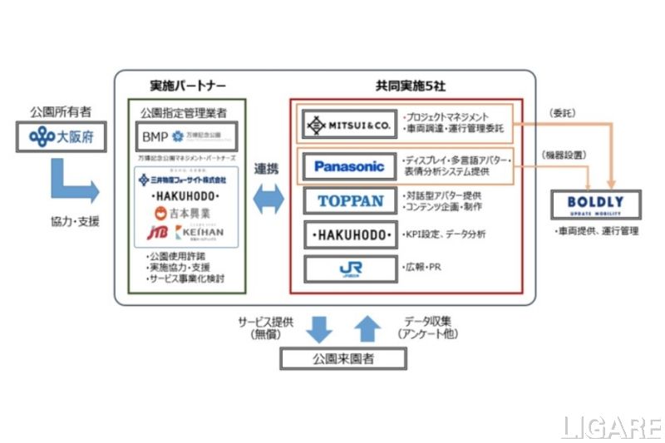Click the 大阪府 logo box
pyautogui.click(x=62, y=137)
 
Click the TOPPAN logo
pyautogui.click(x=349, y=200)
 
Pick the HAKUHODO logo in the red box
pyautogui.click(x=349, y=234)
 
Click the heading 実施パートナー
pyautogui.click(x=187, y=86)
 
